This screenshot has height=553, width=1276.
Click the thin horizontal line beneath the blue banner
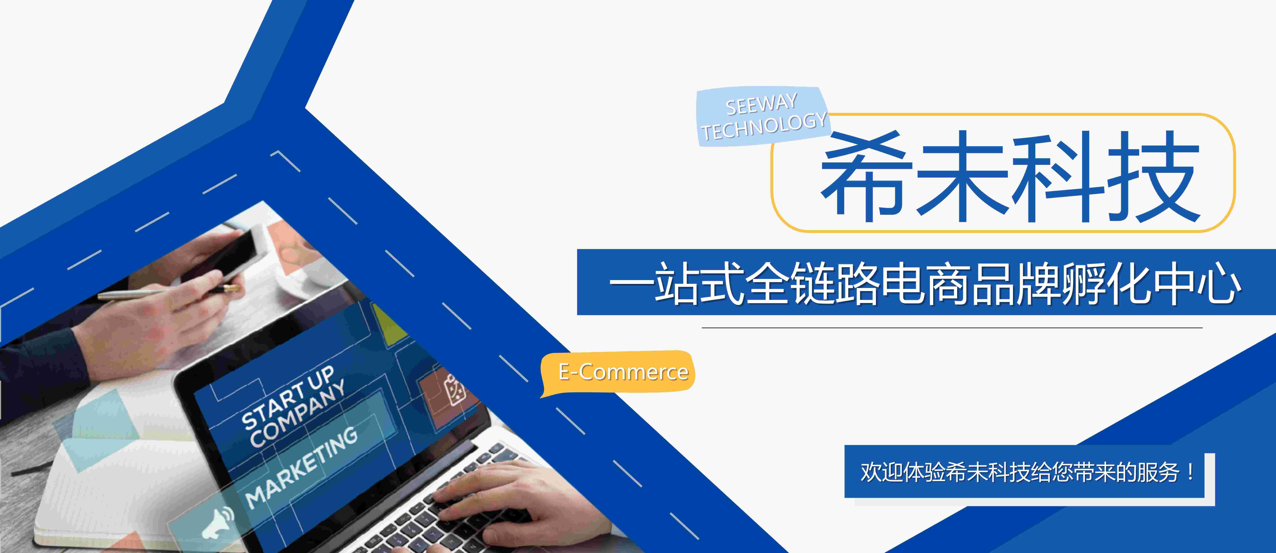point(952,328)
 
